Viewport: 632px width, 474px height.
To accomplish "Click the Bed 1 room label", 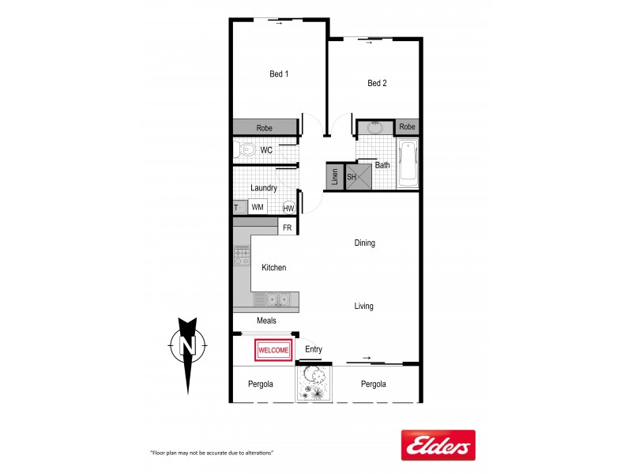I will (279, 74).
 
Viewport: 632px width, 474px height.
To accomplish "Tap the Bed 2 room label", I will (377, 83).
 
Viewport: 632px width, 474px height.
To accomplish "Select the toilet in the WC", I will (246, 149).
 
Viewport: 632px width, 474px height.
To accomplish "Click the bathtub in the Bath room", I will (408, 164).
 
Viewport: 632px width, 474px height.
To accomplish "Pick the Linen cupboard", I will (334, 177).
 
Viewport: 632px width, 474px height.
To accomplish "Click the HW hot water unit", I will (288, 208).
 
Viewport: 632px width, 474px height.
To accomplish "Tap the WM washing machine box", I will (258, 207).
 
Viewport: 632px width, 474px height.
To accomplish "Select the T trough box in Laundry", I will (236, 208).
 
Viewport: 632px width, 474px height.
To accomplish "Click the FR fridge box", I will (288, 228).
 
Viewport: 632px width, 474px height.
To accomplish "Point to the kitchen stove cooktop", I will (242, 256).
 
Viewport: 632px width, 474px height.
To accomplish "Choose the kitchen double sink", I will (276, 299).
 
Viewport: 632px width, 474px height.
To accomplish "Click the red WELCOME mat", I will (273, 350).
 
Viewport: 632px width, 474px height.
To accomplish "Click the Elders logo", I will (438, 445).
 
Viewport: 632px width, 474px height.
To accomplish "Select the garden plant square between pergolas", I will (314, 385).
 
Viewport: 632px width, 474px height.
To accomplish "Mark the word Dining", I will (364, 243).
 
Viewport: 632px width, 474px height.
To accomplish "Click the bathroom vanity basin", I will (375, 127).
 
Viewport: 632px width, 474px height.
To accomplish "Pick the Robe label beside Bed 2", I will (407, 126).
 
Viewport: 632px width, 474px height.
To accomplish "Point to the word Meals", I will (266, 321).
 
